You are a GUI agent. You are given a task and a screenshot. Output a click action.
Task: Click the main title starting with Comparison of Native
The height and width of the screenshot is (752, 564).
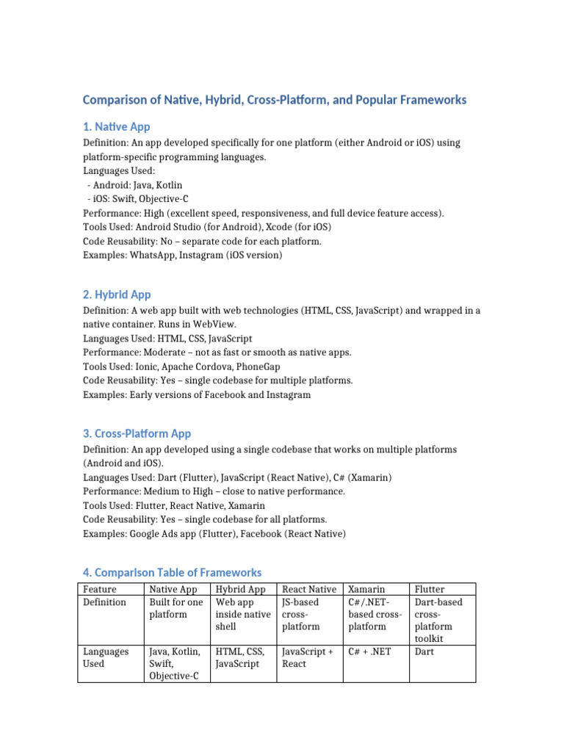click(274, 99)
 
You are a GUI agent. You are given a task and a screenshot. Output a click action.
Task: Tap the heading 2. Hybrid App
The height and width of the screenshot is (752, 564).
click(117, 294)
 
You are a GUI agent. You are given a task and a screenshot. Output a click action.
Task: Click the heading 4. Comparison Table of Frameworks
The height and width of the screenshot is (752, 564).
click(172, 572)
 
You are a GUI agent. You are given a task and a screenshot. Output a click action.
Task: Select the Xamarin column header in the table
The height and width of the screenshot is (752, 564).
click(366, 589)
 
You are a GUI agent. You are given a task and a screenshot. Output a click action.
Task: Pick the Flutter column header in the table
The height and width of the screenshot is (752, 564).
click(430, 589)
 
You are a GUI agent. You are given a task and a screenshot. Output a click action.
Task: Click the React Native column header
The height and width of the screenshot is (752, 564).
click(309, 589)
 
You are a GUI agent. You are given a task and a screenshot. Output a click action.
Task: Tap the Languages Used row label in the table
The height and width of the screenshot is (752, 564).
click(106, 657)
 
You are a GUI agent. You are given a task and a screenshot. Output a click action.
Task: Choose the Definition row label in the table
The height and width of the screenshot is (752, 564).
click(104, 602)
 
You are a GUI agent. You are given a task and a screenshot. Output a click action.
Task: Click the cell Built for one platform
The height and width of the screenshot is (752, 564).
click(176, 608)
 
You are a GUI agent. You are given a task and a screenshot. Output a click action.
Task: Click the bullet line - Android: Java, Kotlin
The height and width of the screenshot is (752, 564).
click(135, 185)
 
